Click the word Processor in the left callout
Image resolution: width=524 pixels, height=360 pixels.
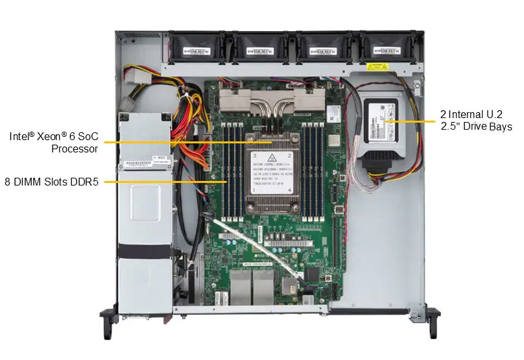pyautogui.click(x=75, y=149)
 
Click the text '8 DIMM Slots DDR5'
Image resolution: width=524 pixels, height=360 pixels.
pyautogui.click(x=51, y=182)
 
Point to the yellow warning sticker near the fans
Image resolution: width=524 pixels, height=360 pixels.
pyautogui.click(x=380, y=67)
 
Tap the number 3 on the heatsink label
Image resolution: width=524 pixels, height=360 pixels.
pyautogui.click(x=255, y=156)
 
